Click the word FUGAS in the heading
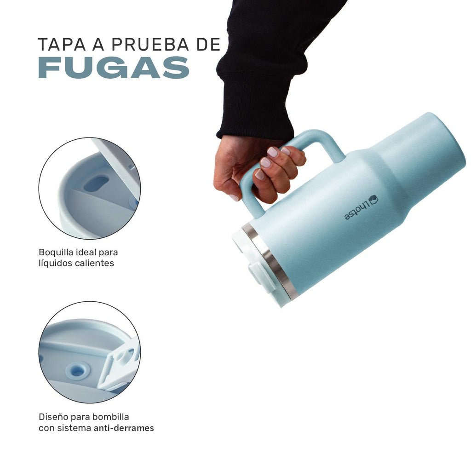click(x=114, y=68)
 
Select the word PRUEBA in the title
click(x=150, y=45)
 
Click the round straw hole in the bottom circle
click(x=78, y=371)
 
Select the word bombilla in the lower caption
click(x=110, y=417)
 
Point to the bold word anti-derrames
click(x=124, y=428)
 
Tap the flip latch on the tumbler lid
click(x=260, y=276)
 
